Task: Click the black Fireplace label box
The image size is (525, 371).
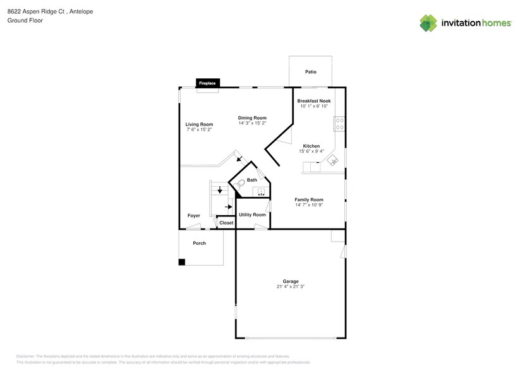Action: (207, 83)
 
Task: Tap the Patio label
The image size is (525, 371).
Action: (310, 72)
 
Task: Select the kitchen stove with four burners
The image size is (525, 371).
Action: (339, 124)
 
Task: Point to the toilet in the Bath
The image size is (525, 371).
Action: (239, 184)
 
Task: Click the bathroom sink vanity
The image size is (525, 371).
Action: (261, 192)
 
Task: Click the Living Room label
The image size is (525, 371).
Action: (199, 124)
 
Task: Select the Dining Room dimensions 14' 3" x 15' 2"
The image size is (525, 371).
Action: (252, 123)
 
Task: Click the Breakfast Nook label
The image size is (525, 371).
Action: (314, 101)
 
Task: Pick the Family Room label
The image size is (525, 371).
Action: (309, 199)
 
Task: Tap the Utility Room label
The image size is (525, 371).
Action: (252, 215)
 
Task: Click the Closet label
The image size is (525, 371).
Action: (226, 223)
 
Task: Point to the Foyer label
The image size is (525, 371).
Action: (194, 216)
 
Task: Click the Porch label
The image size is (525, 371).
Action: (199, 243)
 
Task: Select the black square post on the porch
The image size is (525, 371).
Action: (182, 262)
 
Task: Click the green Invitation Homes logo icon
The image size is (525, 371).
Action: (428, 23)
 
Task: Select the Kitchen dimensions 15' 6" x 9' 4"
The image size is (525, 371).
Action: (311, 151)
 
